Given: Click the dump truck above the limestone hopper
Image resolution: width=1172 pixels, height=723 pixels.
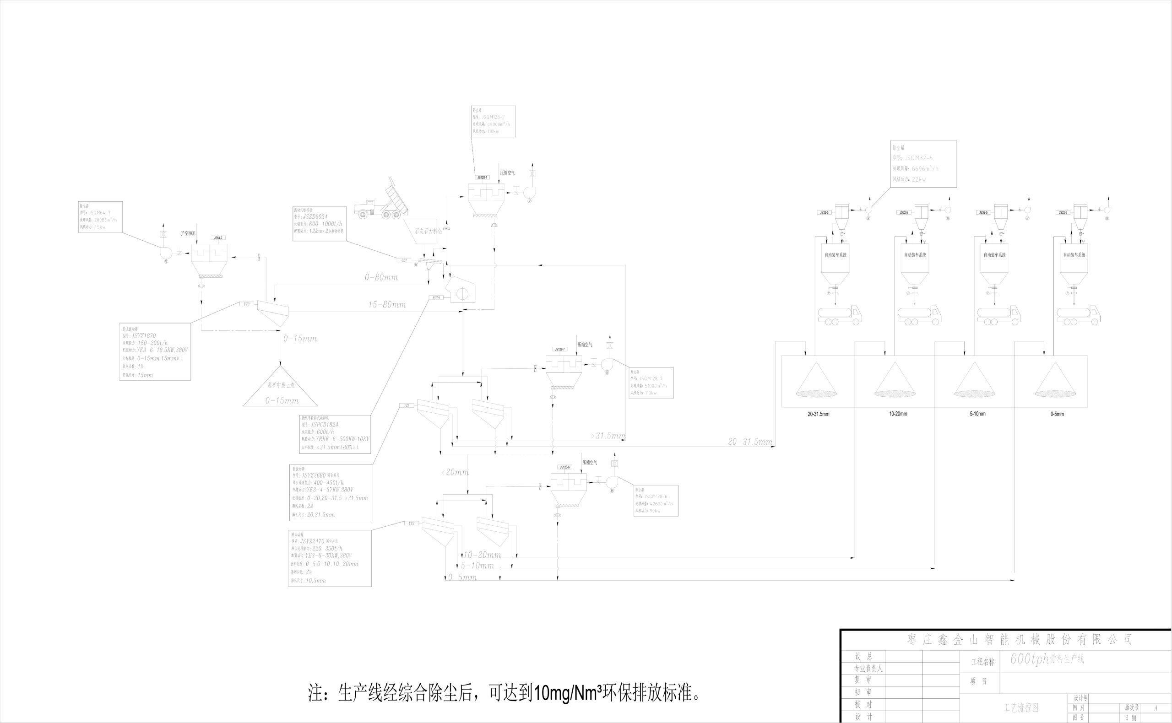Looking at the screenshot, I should click(x=382, y=202).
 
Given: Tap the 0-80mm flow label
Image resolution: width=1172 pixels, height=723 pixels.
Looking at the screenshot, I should click(x=381, y=277).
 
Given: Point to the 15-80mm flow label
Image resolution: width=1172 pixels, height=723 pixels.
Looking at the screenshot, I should click(x=387, y=305).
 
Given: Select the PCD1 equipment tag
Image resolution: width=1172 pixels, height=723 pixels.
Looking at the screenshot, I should click(x=436, y=297).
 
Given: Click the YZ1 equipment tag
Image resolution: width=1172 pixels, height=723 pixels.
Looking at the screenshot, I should click(x=407, y=405).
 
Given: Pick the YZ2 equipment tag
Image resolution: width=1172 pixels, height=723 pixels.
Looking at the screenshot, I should click(x=411, y=523).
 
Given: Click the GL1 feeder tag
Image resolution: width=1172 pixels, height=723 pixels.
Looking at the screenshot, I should click(x=404, y=260).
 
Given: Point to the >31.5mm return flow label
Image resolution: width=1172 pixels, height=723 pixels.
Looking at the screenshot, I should click(x=608, y=436).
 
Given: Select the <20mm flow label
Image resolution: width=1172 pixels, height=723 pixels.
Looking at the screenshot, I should click(x=455, y=472).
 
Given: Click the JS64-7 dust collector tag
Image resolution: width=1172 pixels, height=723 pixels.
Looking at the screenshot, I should click(x=218, y=237).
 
